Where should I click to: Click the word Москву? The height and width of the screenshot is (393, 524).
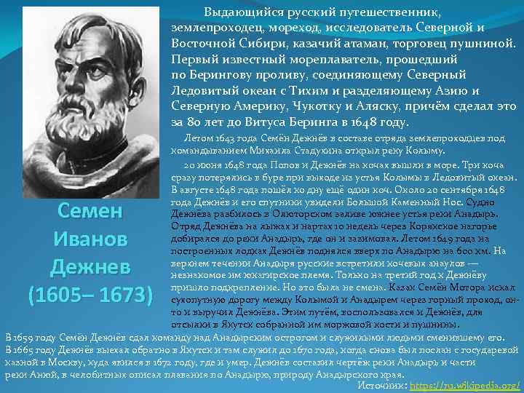coord(95,362)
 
